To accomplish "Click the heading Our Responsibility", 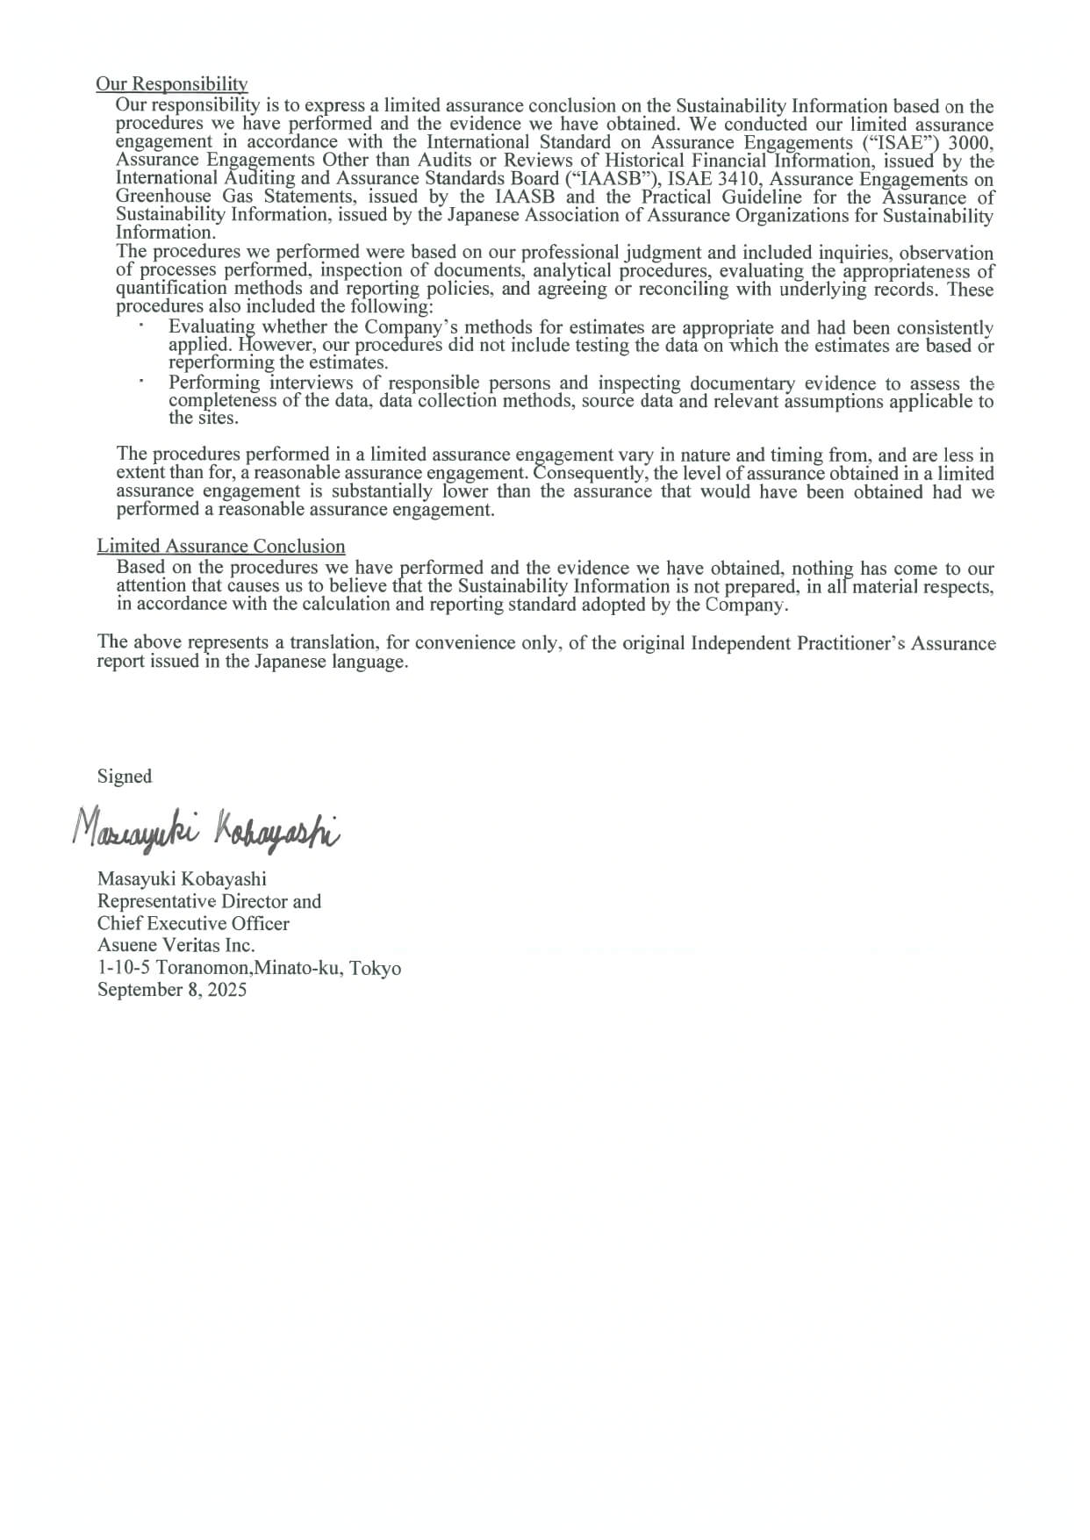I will click(x=172, y=84).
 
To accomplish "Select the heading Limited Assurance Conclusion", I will click(x=221, y=546).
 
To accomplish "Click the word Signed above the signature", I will click(x=125, y=777).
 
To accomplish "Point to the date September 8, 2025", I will click(x=172, y=990).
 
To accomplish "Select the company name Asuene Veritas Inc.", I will click(x=176, y=945).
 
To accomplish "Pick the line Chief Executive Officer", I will click(x=193, y=923).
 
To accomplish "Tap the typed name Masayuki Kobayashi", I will click(x=182, y=878).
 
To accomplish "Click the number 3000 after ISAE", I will click(x=971, y=142).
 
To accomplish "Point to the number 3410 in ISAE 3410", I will click(x=735, y=179).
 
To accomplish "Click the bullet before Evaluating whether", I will click(x=140, y=326).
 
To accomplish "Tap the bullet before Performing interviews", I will click(x=140, y=383).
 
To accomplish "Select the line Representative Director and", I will click(x=209, y=901).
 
